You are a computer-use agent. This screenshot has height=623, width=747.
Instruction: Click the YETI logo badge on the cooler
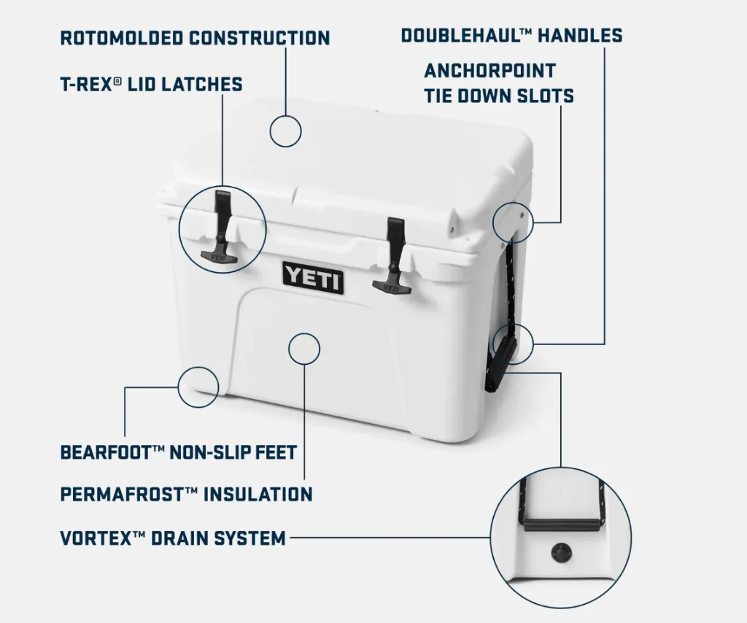tap(313, 277)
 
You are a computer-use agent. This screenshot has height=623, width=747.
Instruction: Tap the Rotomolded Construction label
tap(195, 38)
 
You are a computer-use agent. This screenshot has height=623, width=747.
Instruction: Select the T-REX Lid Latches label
tap(152, 85)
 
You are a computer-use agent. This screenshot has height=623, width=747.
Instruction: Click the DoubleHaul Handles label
tap(511, 35)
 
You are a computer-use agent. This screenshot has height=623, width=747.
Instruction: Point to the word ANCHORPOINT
tap(489, 71)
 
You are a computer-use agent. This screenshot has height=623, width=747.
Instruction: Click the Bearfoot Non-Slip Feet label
tap(179, 452)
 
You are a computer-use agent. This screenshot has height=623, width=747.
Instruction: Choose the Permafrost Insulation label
tap(186, 494)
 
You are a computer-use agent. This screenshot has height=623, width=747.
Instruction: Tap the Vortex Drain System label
tap(173, 538)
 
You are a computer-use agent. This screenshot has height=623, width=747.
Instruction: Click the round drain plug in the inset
tap(560, 552)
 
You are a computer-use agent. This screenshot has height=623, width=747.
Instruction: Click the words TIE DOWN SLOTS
tap(499, 96)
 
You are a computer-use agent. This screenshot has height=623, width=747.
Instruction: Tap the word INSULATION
tap(258, 494)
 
